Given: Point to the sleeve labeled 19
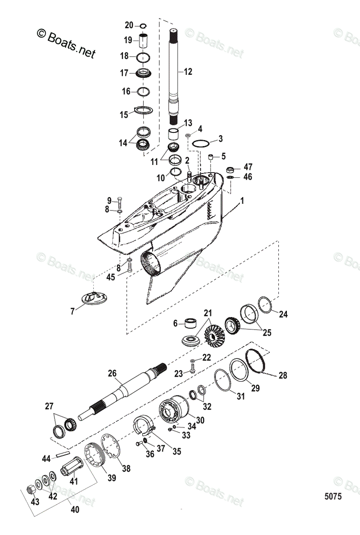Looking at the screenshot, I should (144, 41).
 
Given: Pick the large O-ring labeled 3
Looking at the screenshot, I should (200, 143).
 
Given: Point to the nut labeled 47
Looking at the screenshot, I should (231, 169).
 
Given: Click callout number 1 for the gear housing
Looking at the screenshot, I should (242, 202).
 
